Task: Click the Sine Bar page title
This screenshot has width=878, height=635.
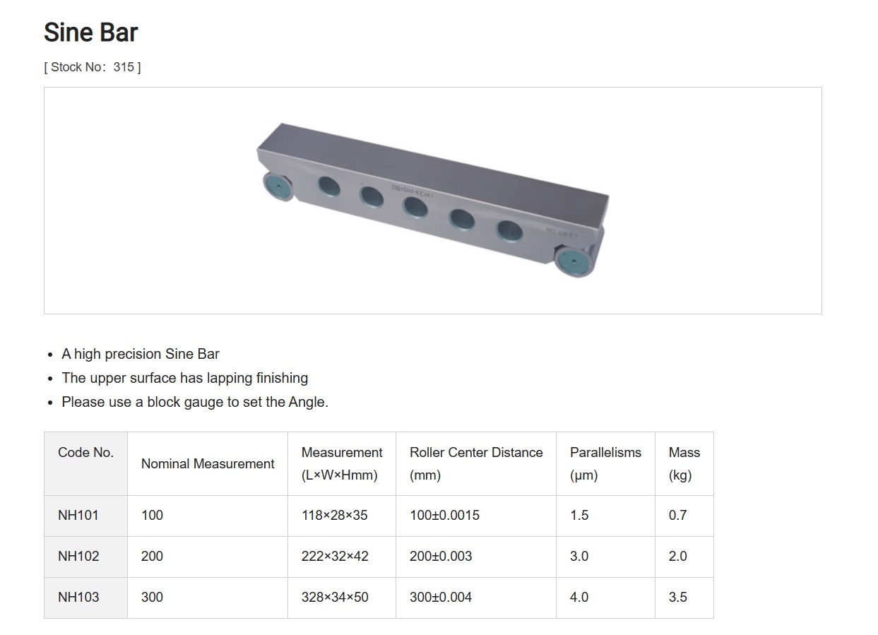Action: pyautogui.click(x=90, y=32)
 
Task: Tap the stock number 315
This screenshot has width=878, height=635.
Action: pyautogui.click(x=123, y=67)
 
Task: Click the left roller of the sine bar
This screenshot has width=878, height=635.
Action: pyautogui.click(x=278, y=186)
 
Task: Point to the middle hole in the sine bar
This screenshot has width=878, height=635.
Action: pyautogui.click(x=416, y=207)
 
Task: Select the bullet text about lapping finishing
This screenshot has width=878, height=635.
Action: pyautogui.click(x=184, y=378)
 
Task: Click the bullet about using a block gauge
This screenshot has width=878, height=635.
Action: pyautogui.click(x=194, y=402)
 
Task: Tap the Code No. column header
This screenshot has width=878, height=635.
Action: pyautogui.click(x=85, y=453)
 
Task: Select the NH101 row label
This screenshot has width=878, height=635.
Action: pyautogui.click(x=78, y=515)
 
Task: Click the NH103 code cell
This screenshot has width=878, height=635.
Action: pyautogui.click(x=78, y=597)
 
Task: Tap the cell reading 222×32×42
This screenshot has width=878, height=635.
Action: pyautogui.click(x=334, y=556)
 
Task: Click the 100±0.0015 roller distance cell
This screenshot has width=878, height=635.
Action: pyautogui.click(x=444, y=515)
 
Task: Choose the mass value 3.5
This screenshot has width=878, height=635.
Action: pyautogui.click(x=677, y=597)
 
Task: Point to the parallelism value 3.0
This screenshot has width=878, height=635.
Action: pyautogui.click(x=579, y=556)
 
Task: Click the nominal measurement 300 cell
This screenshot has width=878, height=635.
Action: pyautogui.click(x=152, y=597)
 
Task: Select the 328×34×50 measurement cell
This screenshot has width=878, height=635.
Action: pyautogui.click(x=334, y=597)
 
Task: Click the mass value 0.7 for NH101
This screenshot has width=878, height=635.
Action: pyautogui.click(x=677, y=515)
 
